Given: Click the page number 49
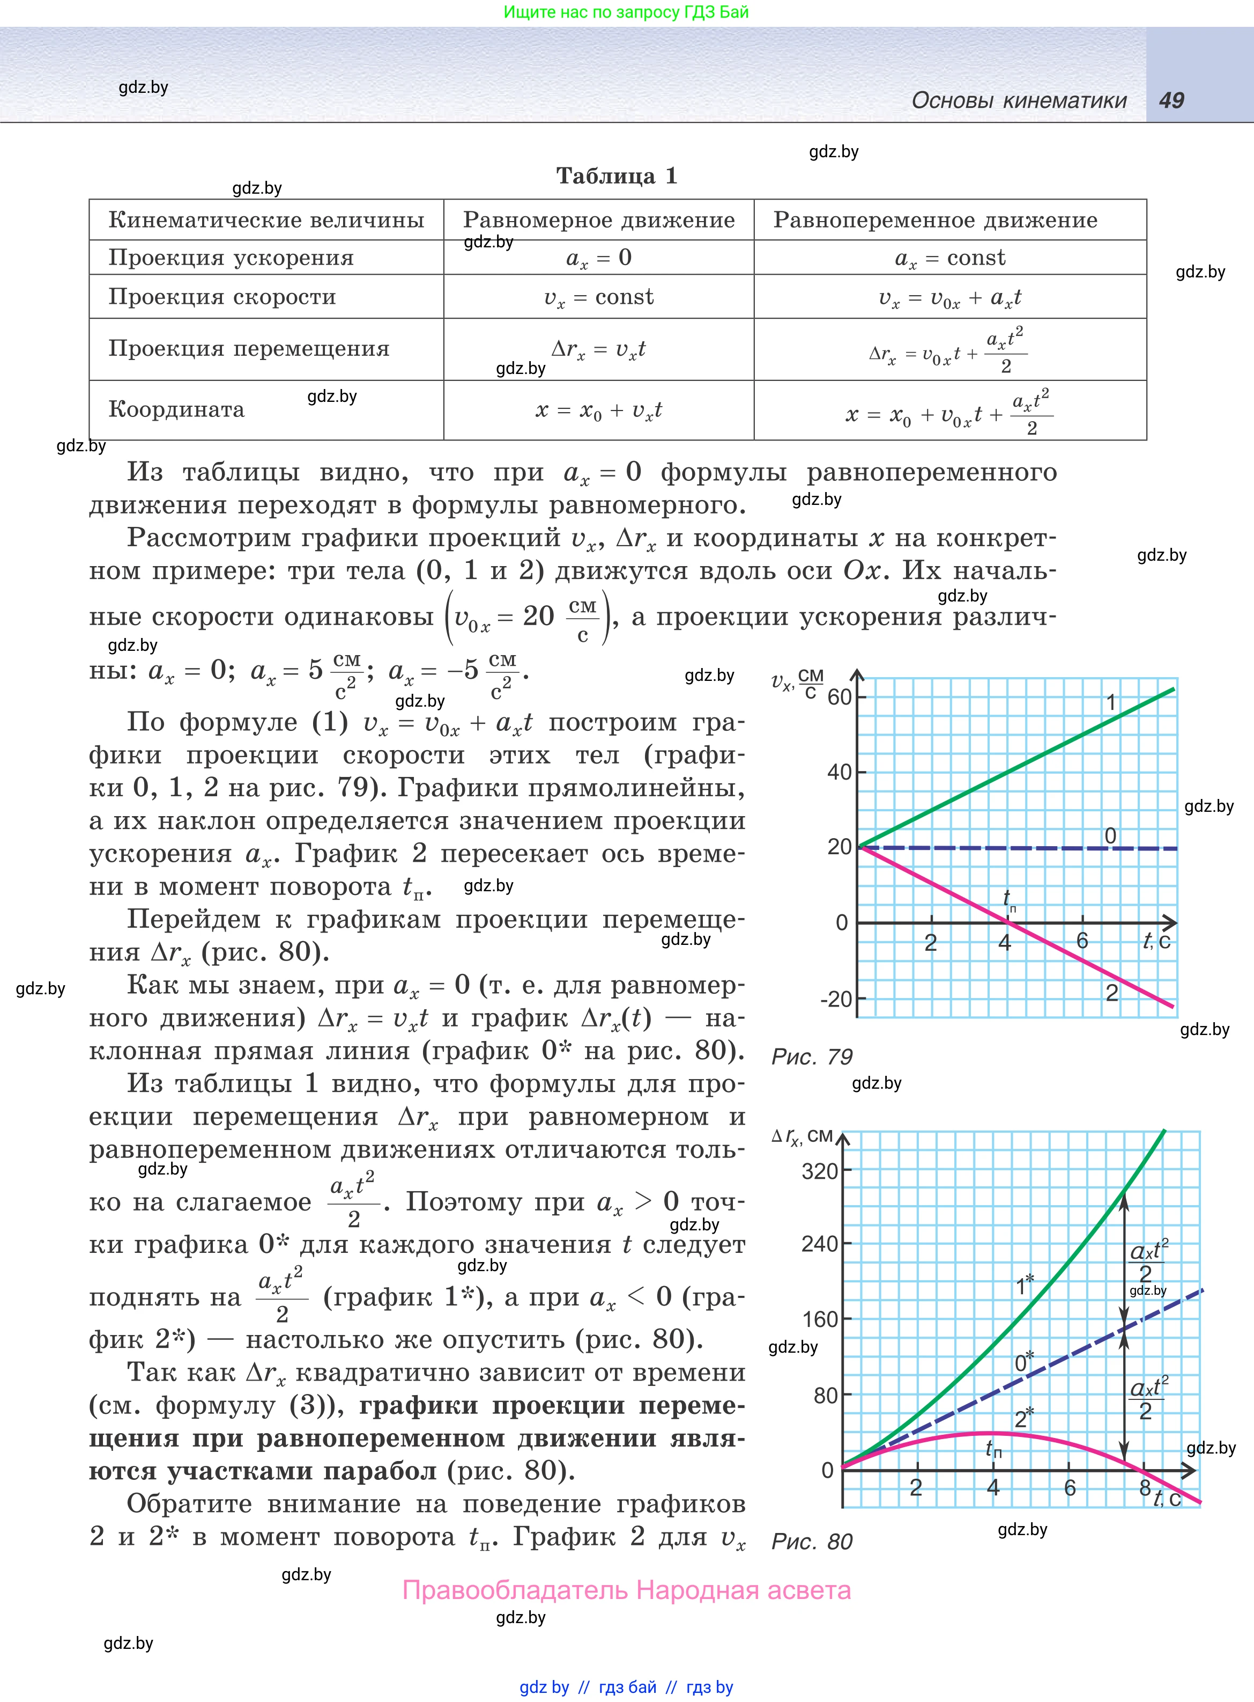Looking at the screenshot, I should [x=1171, y=100].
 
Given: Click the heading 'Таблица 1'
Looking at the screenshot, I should [x=617, y=176].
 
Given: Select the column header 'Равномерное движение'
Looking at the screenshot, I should [x=599, y=220].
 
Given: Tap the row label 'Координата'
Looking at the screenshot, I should [x=177, y=409].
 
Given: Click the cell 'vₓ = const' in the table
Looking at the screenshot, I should [x=599, y=297].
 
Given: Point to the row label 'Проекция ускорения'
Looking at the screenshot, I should [x=232, y=258].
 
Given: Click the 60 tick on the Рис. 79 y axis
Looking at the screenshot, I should [x=839, y=697].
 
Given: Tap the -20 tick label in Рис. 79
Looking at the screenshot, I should [x=836, y=1000].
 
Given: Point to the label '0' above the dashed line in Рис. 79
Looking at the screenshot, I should [x=1110, y=835].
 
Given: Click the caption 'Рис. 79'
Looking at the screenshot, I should [x=812, y=1057].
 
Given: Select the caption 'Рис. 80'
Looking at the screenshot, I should [x=812, y=1541].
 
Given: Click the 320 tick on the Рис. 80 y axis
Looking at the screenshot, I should [x=820, y=1171].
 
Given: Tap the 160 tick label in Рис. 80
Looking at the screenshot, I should [x=820, y=1319].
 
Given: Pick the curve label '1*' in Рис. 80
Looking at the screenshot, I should [x=1025, y=1285].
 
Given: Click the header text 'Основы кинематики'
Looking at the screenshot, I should [x=1019, y=100].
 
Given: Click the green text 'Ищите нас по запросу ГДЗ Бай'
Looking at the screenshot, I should [x=626, y=12].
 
